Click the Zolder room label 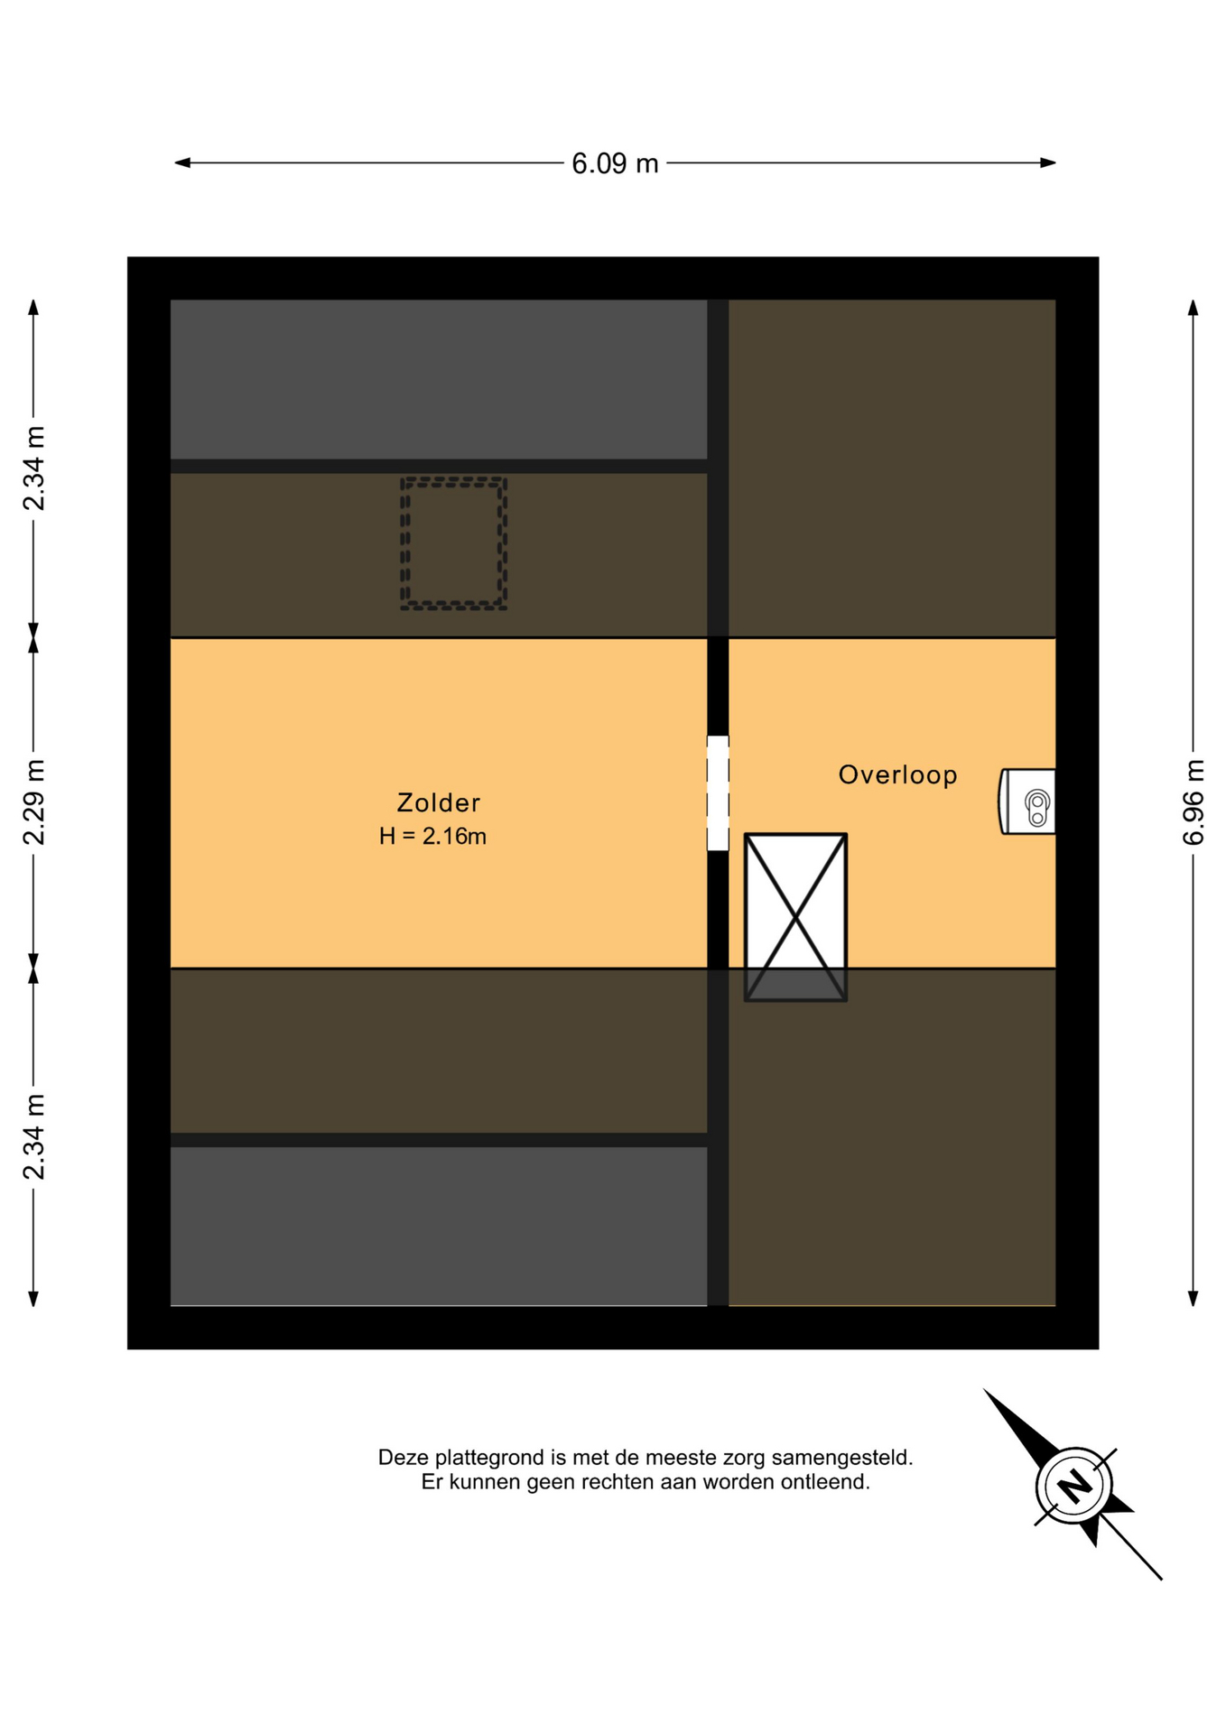coord(438,802)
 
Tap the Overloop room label coord(897,774)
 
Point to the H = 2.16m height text coord(432,836)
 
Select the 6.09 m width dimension coord(615,163)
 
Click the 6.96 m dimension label coord(1193,802)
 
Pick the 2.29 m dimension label coord(33,802)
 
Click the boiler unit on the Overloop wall coord(1027,802)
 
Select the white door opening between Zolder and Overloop coord(718,793)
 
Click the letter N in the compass coord(1074,1486)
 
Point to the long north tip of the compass coord(985,1391)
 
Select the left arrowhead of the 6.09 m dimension coord(181,163)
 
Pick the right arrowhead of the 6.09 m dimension coord(1048,163)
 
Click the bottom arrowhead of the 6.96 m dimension coord(1193,1299)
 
